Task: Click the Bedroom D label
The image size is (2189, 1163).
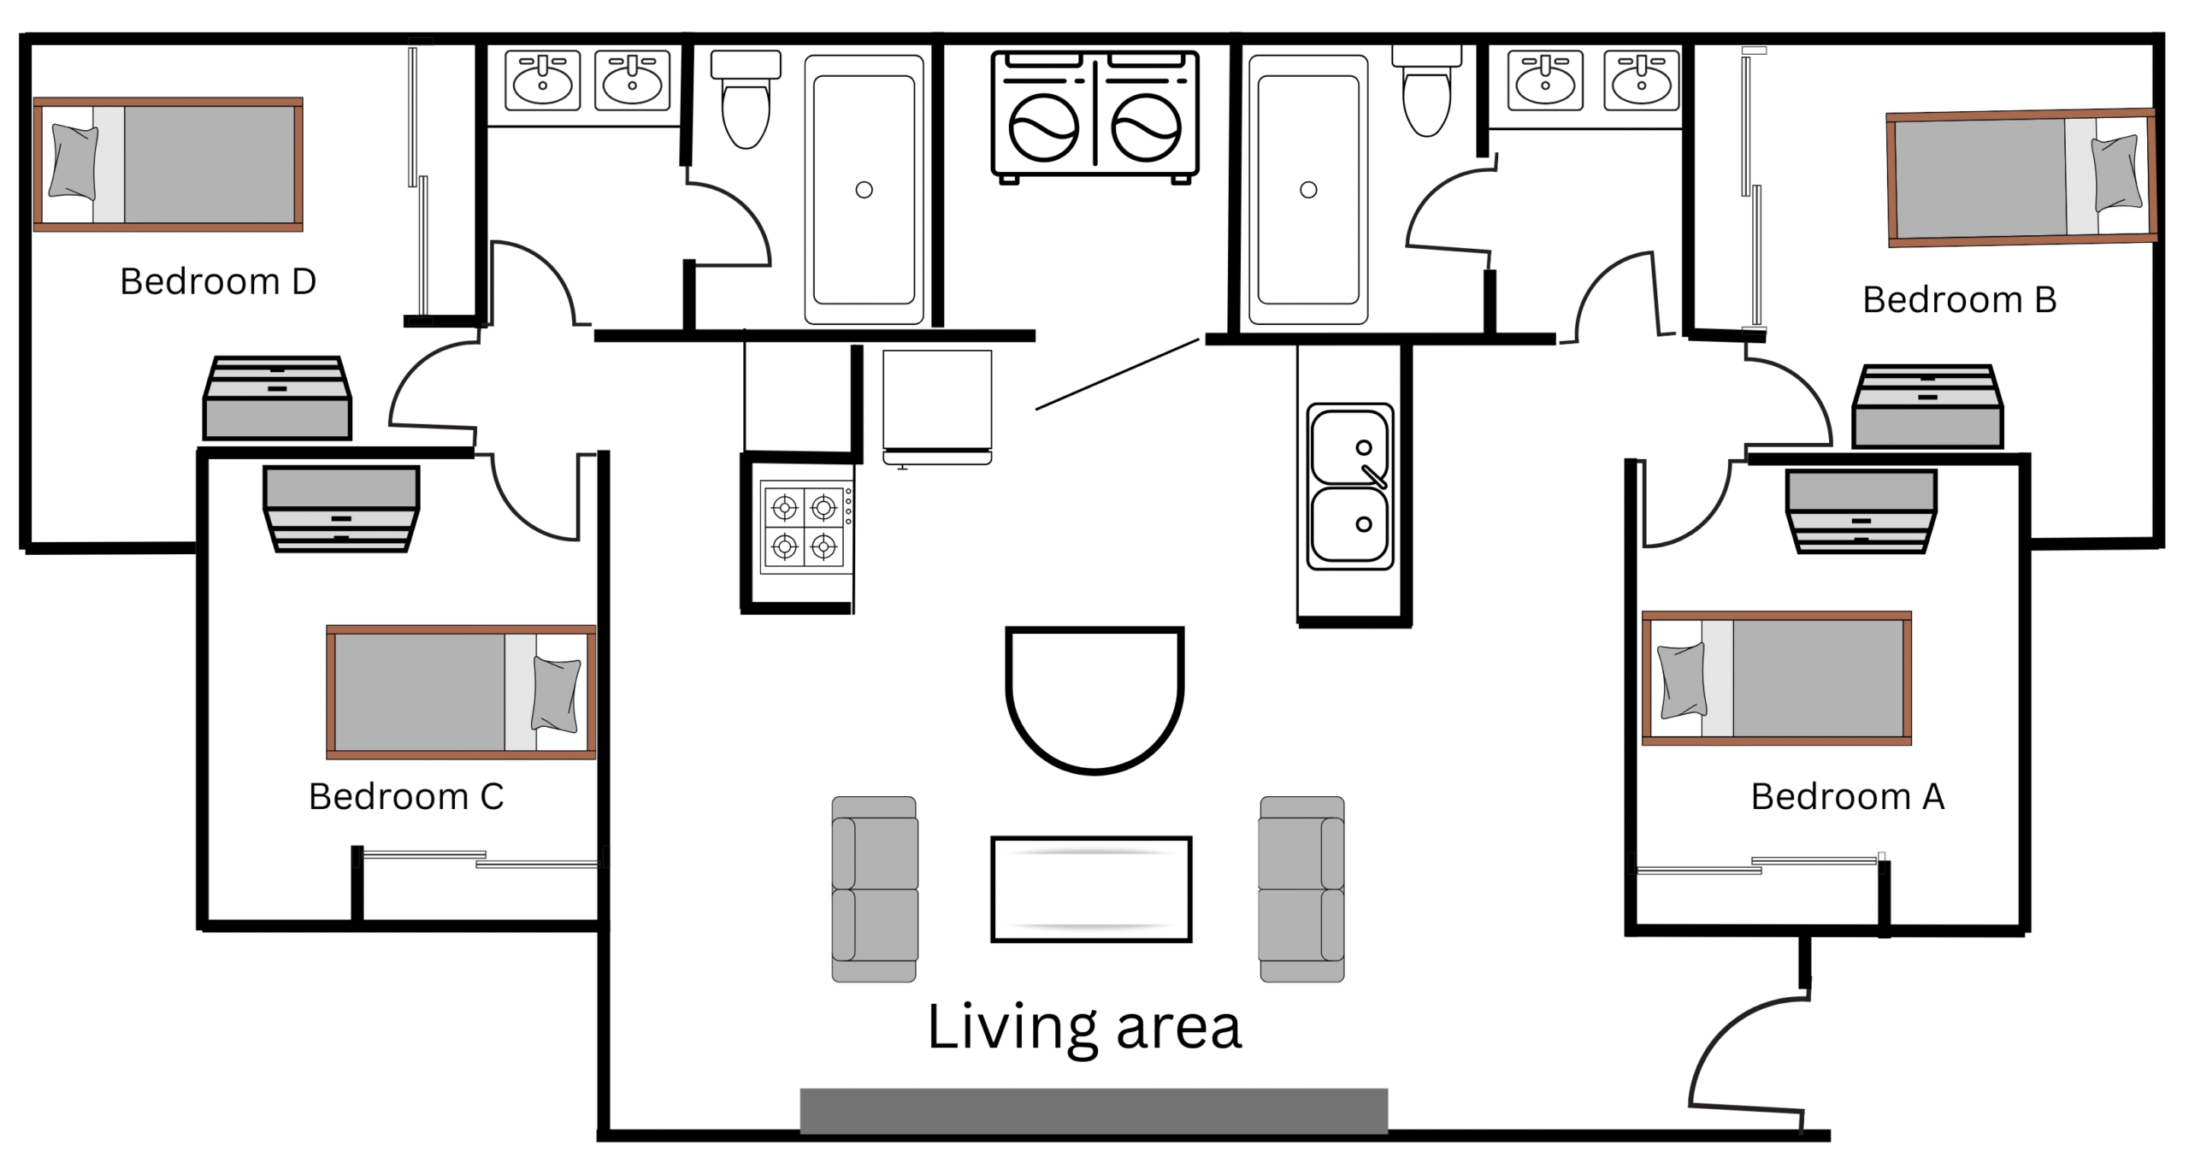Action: tap(218, 281)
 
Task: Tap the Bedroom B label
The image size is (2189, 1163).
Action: tap(1960, 300)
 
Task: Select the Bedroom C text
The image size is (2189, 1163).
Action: tap(406, 797)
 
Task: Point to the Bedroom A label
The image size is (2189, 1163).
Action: tap(1848, 797)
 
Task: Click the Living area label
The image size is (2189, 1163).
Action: tap(1084, 1028)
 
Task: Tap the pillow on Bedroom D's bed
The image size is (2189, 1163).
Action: tap(74, 162)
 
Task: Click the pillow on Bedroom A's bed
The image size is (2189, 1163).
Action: tap(1682, 681)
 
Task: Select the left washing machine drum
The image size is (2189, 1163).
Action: tap(1043, 128)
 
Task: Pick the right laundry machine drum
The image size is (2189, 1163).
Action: tap(1146, 128)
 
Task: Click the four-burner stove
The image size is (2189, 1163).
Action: tap(806, 527)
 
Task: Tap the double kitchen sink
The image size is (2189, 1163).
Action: tap(1350, 487)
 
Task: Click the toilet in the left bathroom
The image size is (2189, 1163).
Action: tap(746, 99)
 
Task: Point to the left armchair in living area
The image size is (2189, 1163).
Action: tap(875, 889)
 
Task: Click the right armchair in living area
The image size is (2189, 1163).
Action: tap(1301, 889)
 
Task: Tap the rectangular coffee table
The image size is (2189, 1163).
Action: tap(1091, 889)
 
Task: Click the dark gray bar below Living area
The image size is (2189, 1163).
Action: tap(1094, 1111)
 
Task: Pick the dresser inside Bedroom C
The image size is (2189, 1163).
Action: tap(341, 509)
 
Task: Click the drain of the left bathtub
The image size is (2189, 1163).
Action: tap(864, 190)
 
